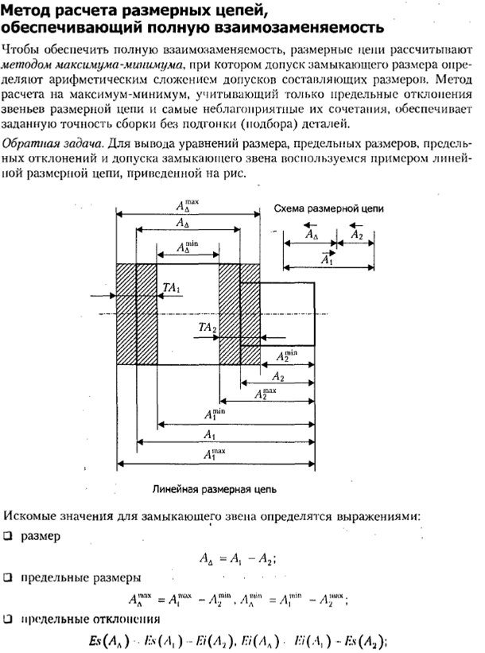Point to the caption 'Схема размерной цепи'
click(328, 207)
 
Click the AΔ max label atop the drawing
click(188, 204)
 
